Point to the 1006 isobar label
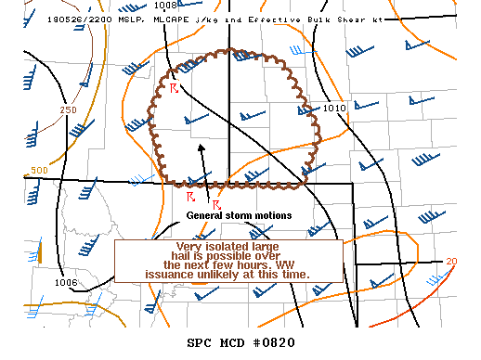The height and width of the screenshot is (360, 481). coord(66,282)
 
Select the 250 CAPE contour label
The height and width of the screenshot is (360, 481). coord(68,110)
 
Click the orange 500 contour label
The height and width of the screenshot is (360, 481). coord(39,171)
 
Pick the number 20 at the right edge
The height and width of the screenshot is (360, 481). coord(451,261)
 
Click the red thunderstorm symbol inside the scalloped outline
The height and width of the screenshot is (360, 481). coord(174,87)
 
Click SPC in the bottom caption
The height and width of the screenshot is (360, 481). coord(201,341)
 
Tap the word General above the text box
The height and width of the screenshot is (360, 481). coord(207,215)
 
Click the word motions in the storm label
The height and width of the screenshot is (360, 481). coord(271,215)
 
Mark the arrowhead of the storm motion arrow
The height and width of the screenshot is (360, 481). coord(202,147)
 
